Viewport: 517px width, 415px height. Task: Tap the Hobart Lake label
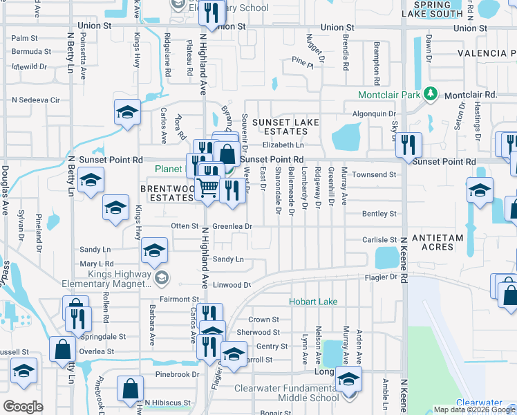(x=313, y=302)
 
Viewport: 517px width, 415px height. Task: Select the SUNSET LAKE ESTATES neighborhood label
(x=285, y=128)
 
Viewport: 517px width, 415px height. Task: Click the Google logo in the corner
(x=23, y=406)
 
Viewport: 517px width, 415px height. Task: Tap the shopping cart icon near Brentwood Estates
(x=208, y=187)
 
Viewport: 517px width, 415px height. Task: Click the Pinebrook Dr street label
(x=172, y=374)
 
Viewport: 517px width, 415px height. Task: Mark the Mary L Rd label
(x=97, y=264)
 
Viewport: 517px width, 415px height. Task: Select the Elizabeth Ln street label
(x=283, y=145)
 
